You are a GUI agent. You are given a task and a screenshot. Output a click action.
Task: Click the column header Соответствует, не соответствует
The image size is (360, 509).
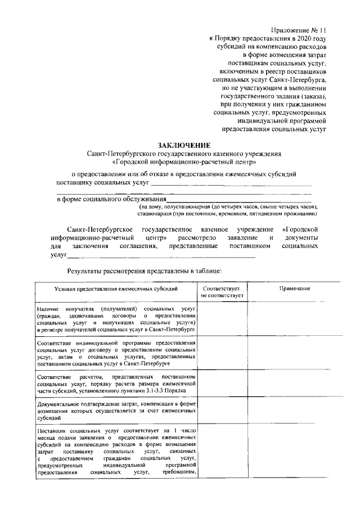222,291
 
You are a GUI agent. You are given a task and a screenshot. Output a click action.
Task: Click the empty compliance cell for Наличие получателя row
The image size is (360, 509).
222,321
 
